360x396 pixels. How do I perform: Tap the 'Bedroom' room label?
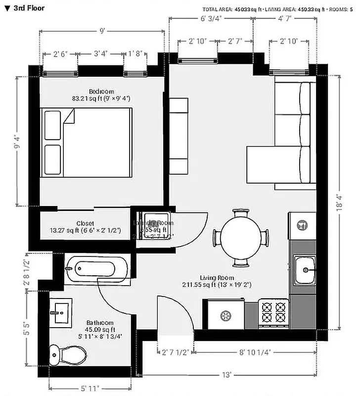[x=101, y=92]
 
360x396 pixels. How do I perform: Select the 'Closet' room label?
[x=85, y=223]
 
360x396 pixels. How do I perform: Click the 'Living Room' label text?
[x=217, y=278]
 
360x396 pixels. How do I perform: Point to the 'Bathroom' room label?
[x=100, y=323]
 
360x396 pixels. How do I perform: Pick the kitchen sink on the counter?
[x=305, y=270]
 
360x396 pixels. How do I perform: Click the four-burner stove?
[x=273, y=312]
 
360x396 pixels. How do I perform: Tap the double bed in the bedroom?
[x=87, y=143]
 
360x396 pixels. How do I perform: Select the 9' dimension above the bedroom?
[x=102, y=31]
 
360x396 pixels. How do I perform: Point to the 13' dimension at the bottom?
[x=227, y=375]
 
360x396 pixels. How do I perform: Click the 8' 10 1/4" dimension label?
[x=255, y=352]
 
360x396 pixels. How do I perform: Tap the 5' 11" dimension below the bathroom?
[x=90, y=388]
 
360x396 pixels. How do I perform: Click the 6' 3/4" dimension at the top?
[x=211, y=19]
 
